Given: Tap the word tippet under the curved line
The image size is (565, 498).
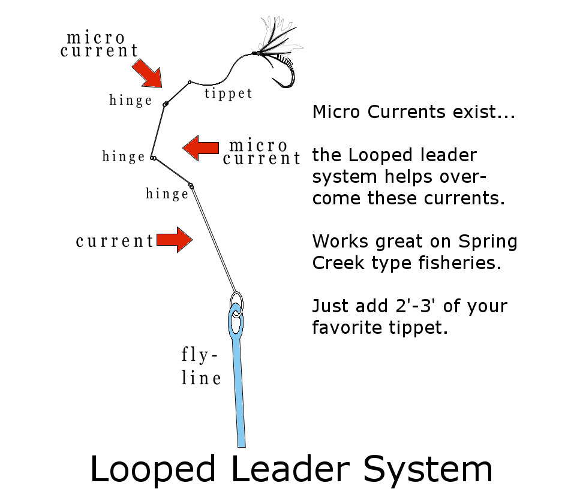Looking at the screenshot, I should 228,93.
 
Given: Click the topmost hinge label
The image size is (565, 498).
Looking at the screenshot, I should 131,101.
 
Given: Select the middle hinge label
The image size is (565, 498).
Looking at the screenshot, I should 124,157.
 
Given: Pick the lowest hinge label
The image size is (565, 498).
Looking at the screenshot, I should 167,194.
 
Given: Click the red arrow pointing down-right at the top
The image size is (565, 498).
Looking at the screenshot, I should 148,73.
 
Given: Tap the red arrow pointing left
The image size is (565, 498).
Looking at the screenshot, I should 200,147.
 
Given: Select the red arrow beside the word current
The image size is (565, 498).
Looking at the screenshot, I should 174,240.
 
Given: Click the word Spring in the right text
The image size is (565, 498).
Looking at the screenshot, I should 488,242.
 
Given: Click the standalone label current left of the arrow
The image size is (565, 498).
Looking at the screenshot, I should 115,242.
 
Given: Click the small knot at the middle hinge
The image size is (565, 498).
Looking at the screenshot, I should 154,158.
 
